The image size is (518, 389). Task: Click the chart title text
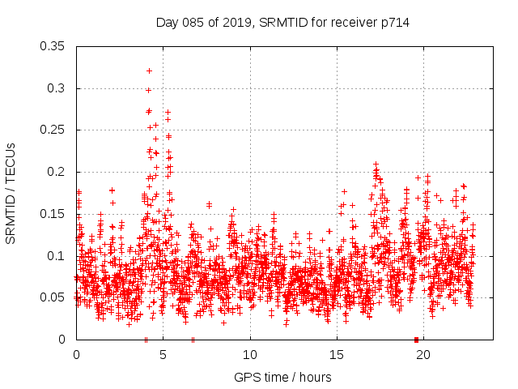pos(282,23)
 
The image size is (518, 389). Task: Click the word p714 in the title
pos(395,23)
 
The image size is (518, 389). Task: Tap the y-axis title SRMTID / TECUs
pos(11,193)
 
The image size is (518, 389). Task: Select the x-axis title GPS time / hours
pos(282,377)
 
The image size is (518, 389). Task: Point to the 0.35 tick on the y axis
pos(53,46)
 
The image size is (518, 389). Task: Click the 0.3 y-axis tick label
pos(56,88)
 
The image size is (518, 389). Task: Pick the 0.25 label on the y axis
pos(53,130)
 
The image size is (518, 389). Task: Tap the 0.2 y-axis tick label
pos(56,172)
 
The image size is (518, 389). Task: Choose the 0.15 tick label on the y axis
pos(53,214)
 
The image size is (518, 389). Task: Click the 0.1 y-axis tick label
pos(56,255)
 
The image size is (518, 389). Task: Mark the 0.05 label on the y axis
pos(53,297)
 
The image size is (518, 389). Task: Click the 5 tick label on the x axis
pos(163,355)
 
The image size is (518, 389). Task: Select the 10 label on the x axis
pos(250,355)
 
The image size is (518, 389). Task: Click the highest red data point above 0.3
pos(149,71)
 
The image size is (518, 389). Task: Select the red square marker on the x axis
pos(416,340)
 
